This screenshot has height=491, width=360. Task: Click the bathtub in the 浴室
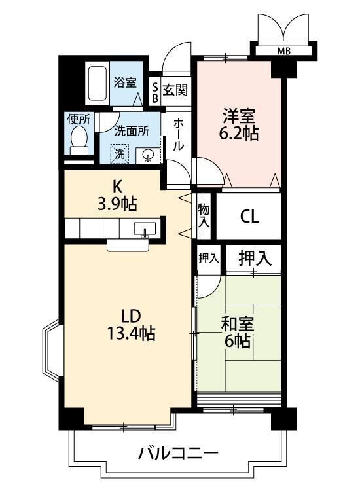pyautogui.click(x=97, y=83)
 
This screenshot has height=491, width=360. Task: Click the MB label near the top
pyautogui.click(x=283, y=50)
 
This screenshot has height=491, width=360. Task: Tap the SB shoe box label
pyautogui.click(x=154, y=93)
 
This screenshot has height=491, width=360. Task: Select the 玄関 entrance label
pyautogui.click(x=175, y=90)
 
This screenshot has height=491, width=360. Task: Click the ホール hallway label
pyautogui.click(x=178, y=134)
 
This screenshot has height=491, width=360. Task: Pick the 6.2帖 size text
pyautogui.click(x=239, y=134)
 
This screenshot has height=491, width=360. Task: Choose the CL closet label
pyautogui.click(x=249, y=216)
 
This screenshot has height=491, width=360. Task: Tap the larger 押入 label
pyautogui.click(x=255, y=259)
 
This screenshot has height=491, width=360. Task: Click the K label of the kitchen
pyautogui.click(x=117, y=187)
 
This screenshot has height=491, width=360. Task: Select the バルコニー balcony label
pyautogui.click(x=178, y=453)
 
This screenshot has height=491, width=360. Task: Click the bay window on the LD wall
pyautogui.click(x=51, y=351)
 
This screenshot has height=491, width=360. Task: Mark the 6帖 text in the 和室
pyautogui.click(x=238, y=341)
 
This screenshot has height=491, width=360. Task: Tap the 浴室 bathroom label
pyautogui.click(x=125, y=82)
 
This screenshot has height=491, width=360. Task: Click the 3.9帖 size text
pyautogui.click(x=117, y=204)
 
